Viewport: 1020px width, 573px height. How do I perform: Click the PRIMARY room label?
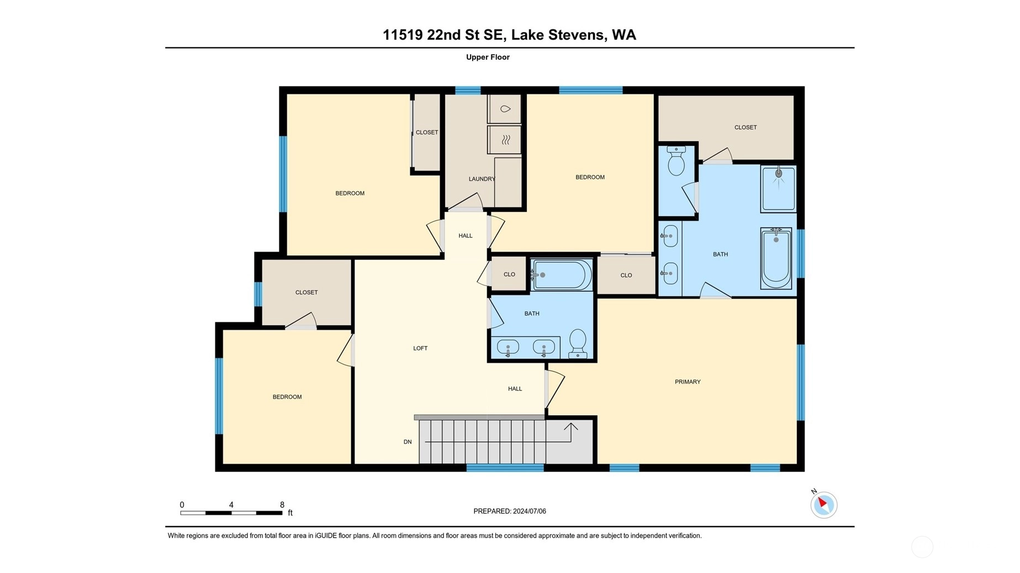tap(688, 381)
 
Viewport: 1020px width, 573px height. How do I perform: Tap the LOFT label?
tap(420, 348)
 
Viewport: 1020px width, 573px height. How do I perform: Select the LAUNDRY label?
tap(482, 179)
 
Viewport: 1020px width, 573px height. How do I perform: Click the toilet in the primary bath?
tap(676, 161)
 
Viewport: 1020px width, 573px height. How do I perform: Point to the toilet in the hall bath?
tap(578, 343)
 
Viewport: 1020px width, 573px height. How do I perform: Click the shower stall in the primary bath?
tap(778, 188)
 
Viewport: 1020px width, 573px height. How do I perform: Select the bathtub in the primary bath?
tap(776, 258)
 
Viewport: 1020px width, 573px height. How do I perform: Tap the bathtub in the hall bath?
tap(561, 274)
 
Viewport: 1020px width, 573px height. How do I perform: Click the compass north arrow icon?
tap(823, 504)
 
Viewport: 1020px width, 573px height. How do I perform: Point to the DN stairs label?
tap(408, 442)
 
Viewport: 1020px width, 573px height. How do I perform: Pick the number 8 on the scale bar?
tap(282, 505)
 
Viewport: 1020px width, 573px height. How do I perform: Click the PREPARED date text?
tap(510, 511)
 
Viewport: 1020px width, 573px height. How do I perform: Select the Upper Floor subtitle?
tap(488, 57)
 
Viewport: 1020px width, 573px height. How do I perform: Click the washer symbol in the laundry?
tap(505, 109)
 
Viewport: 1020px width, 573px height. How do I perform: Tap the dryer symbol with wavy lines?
tap(505, 140)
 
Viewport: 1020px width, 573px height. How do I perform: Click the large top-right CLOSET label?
tap(746, 128)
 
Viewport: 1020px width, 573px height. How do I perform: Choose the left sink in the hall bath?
tap(508, 348)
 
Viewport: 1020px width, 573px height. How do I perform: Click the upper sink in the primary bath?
tap(670, 236)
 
